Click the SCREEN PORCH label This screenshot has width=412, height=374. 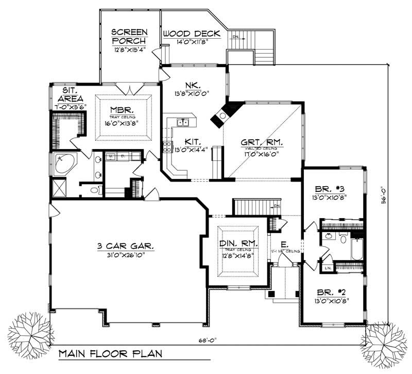129,36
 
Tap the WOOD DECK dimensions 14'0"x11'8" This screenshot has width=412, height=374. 192,43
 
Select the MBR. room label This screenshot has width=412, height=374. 122,110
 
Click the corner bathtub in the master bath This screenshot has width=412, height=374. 63,164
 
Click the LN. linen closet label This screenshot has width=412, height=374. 327,268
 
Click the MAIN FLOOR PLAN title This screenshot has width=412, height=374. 110,354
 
